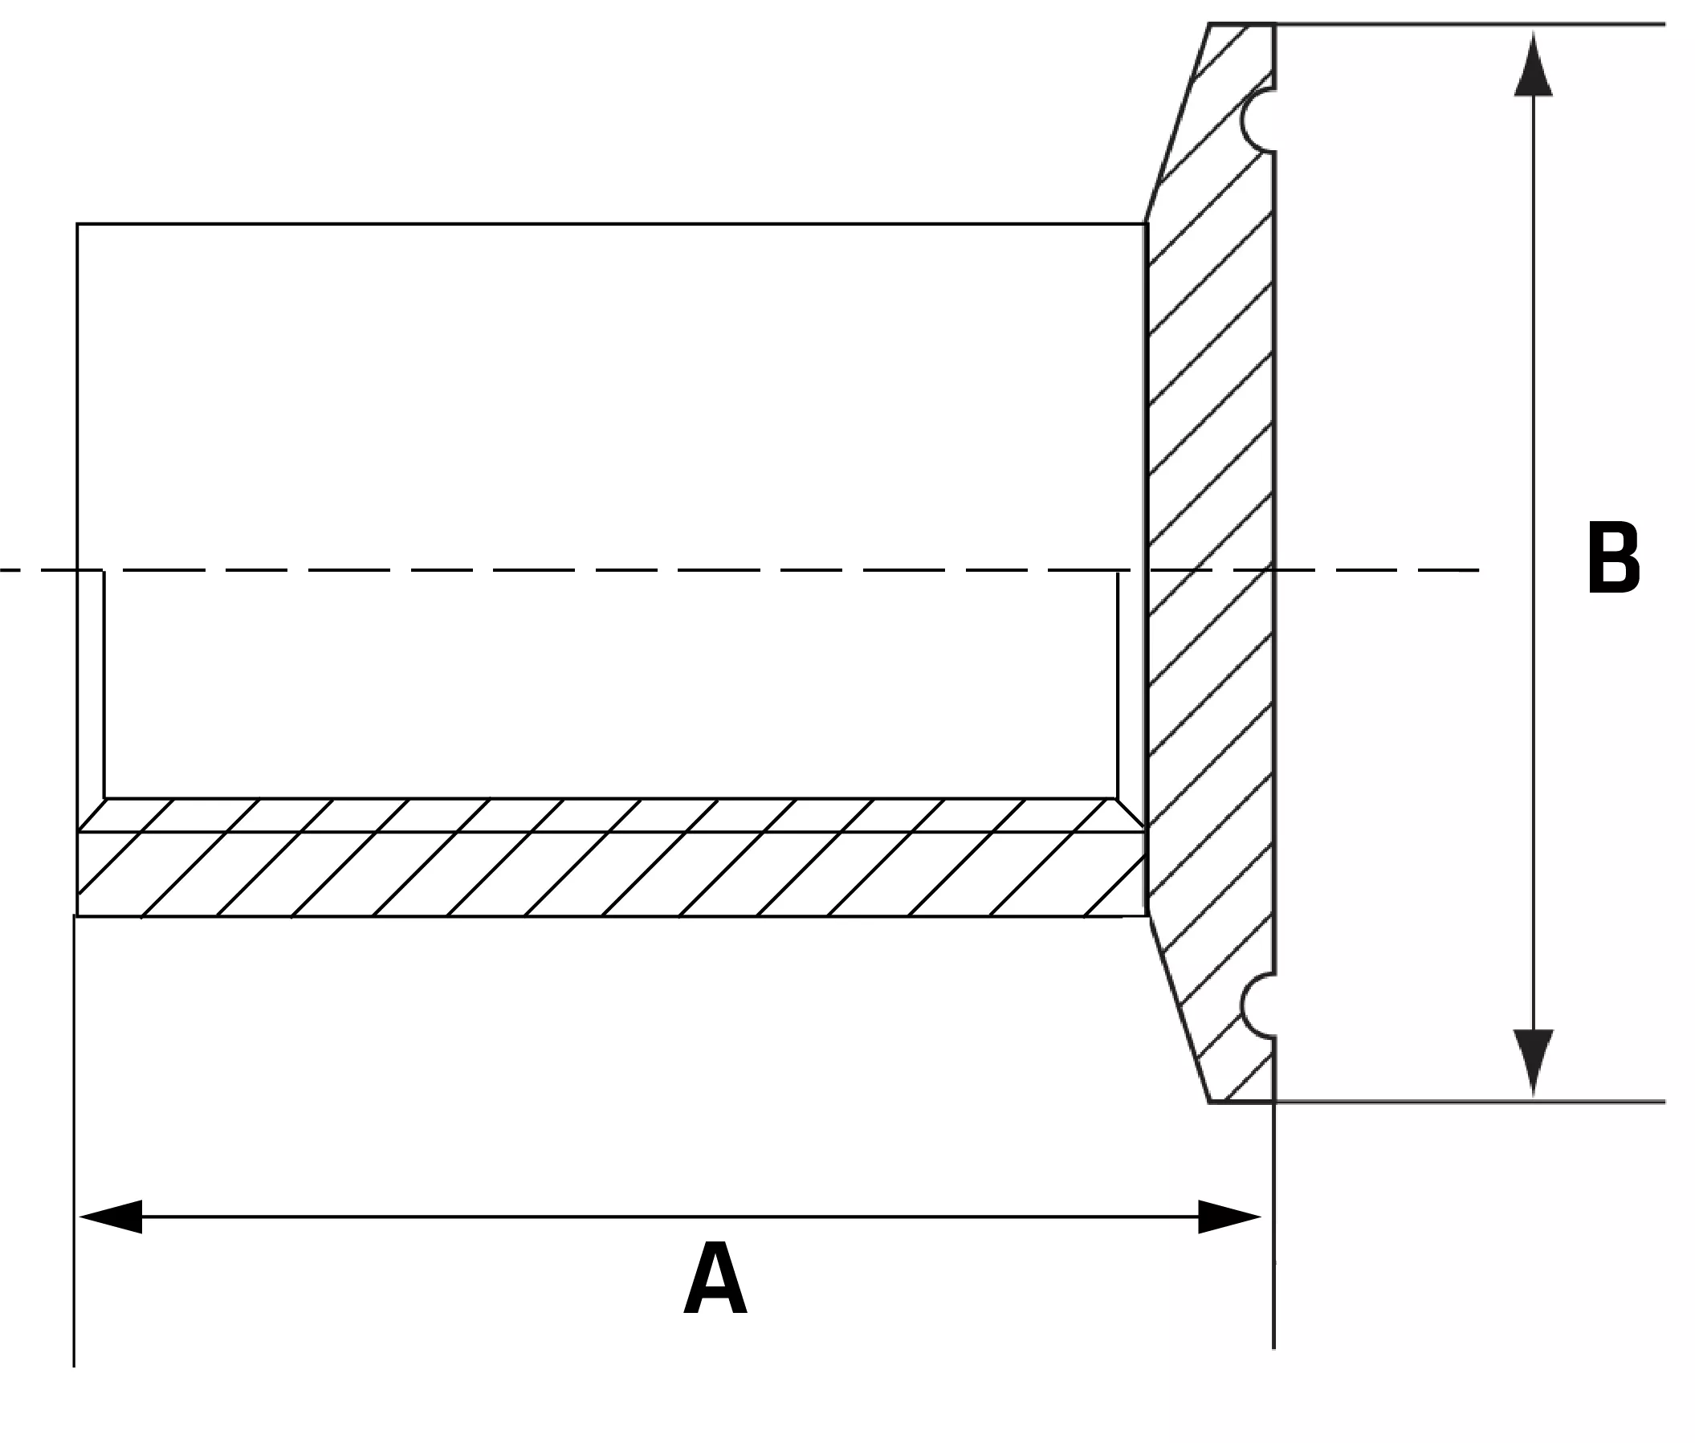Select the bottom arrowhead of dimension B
pos(1533,1062)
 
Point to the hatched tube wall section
pos(610,858)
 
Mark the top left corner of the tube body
pos(77,223)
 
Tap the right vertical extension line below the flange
pos(1273,1225)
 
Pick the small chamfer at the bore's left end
pos(91,815)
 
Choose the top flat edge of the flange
pos(1242,24)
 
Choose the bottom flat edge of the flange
pos(1242,1102)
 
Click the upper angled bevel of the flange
pos(1178,123)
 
